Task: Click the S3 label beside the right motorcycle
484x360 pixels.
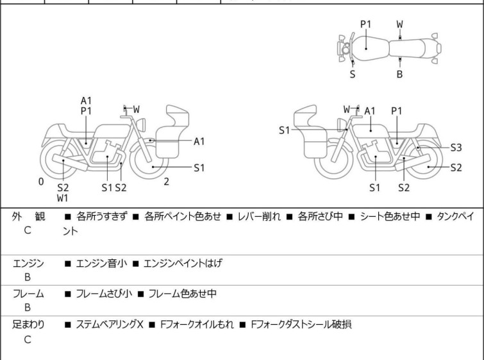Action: (x=456, y=148)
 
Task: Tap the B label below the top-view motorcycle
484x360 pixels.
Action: (x=399, y=74)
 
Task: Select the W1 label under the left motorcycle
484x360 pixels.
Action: (x=63, y=198)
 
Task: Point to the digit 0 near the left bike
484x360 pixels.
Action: (x=41, y=182)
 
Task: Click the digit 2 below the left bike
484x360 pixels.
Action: (x=166, y=182)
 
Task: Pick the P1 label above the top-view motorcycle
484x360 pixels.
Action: (x=365, y=24)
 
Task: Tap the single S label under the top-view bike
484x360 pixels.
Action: (x=353, y=74)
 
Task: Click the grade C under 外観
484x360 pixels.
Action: (x=28, y=230)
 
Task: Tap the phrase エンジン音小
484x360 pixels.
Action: (x=101, y=263)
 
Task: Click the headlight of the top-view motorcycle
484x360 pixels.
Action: (x=345, y=49)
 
